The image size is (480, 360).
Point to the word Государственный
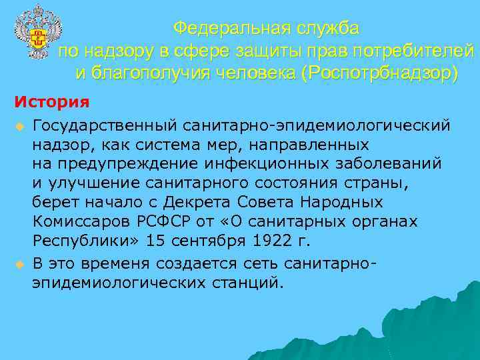tap(104, 126)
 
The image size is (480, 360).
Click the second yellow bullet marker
tap(20, 265)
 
